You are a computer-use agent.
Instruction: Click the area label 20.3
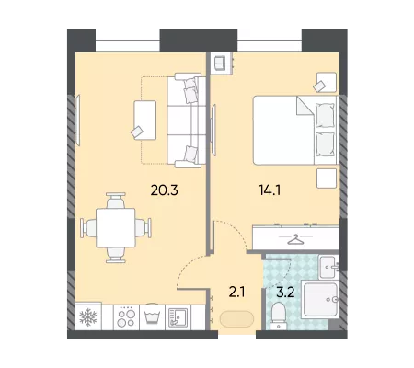click(165, 190)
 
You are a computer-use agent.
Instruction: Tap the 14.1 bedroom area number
click(270, 190)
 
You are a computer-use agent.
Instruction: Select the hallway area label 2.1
click(237, 293)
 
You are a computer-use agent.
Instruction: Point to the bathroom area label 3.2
click(285, 293)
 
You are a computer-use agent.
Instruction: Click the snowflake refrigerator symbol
click(88, 317)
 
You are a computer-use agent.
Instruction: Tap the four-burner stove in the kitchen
click(127, 317)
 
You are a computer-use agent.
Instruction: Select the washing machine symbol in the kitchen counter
click(153, 317)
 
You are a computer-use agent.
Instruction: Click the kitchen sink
click(178, 317)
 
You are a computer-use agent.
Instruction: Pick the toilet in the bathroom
click(279, 316)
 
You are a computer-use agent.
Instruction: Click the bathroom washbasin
click(329, 267)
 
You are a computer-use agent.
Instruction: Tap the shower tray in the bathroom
click(320, 299)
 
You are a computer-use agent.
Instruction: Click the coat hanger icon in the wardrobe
click(295, 239)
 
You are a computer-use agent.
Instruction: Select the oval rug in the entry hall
click(236, 319)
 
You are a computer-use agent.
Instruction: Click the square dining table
click(116, 228)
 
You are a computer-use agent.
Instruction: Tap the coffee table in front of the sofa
click(145, 121)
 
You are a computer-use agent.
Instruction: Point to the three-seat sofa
click(187, 121)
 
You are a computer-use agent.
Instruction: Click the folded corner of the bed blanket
click(305, 106)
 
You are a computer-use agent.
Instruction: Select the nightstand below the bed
click(327, 178)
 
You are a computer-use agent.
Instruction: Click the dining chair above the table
click(116, 201)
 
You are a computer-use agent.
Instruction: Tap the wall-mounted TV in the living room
click(78, 121)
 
